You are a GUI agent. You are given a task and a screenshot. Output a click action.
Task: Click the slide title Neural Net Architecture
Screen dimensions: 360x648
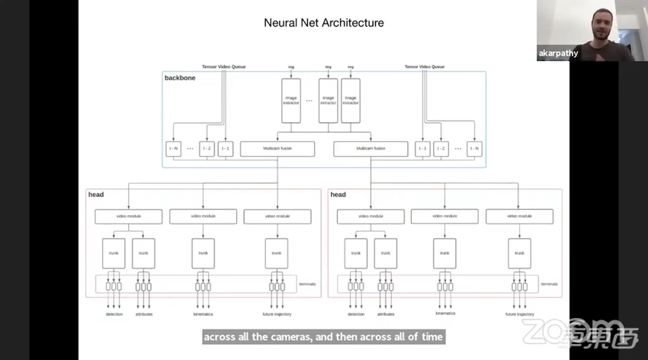pyautogui.click(x=323, y=23)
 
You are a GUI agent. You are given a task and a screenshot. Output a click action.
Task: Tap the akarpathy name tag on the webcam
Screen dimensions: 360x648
pyautogui.click(x=559, y=53)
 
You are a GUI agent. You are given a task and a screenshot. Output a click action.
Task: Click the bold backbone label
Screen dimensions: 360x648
pyautogui.click(x=180, y=78)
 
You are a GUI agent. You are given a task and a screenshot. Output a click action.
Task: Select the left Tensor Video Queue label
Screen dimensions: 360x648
pyautogui.click(x=223, y=66)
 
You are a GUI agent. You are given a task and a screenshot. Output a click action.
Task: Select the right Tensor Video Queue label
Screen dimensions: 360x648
pyautogui.click(x=425, y=66)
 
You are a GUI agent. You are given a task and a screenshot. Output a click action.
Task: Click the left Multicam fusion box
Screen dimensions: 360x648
pyautogui.click(x=277, y=148)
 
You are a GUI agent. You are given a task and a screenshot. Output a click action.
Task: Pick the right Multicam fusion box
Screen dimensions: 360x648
pyautogui.click(x=371, y=148)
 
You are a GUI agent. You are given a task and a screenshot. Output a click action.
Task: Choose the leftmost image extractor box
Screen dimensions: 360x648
pyautogui.click(x=290, y=101)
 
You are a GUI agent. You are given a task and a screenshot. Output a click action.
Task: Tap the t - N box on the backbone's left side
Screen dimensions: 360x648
pyautogui.click(x=173, y=148)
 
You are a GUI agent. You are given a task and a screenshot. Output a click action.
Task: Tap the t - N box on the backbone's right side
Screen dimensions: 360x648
pyautogui.click(x=475, y=148)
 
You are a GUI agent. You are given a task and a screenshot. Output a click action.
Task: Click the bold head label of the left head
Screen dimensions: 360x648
pyautogui.click(x=96, y=194)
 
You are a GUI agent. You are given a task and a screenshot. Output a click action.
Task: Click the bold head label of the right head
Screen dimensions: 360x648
pyautogui.click(x=338, y=194)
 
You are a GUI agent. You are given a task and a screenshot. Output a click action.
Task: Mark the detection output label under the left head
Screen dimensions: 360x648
pyautogui.click(x=114, y=314)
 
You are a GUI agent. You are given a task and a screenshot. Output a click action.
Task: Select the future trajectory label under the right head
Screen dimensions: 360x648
pyautogui.click(x=519, y=314)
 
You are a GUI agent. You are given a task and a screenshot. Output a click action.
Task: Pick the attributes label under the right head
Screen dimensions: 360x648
pyautogui.click(x=386, y=314)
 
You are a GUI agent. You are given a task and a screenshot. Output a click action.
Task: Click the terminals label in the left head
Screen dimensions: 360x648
pyautogui.click(x=308, y=284)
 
